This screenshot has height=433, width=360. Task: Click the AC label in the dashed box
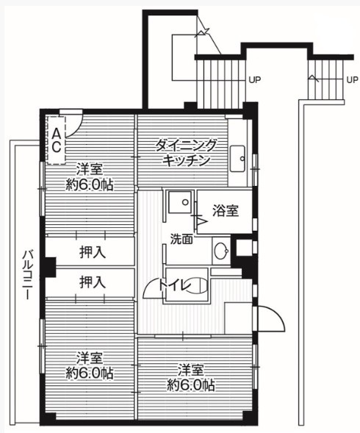[57, 140]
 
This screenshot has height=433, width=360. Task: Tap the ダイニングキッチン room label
[186, 153]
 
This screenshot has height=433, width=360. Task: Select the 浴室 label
[226, 211]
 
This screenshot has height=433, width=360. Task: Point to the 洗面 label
[181, 239]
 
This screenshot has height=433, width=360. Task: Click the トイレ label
[176, 285]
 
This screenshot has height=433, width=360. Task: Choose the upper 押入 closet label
[93, 252]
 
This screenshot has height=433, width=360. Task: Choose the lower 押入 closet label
[93, 282]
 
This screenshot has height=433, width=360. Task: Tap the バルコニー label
[28, 275]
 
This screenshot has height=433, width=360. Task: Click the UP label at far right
[352, 80]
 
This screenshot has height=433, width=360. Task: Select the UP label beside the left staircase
[255, 80]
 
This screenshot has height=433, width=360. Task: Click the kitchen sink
[238, 159]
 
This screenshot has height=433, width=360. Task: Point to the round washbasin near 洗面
[221, 251]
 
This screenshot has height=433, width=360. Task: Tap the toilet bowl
[198, 285]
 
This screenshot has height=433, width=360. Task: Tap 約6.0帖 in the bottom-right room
[191, 385]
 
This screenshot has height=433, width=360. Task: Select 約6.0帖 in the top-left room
[90, 185]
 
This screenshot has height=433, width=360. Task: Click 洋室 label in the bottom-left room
[90, 358]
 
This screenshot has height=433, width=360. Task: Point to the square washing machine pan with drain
[180, 202]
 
